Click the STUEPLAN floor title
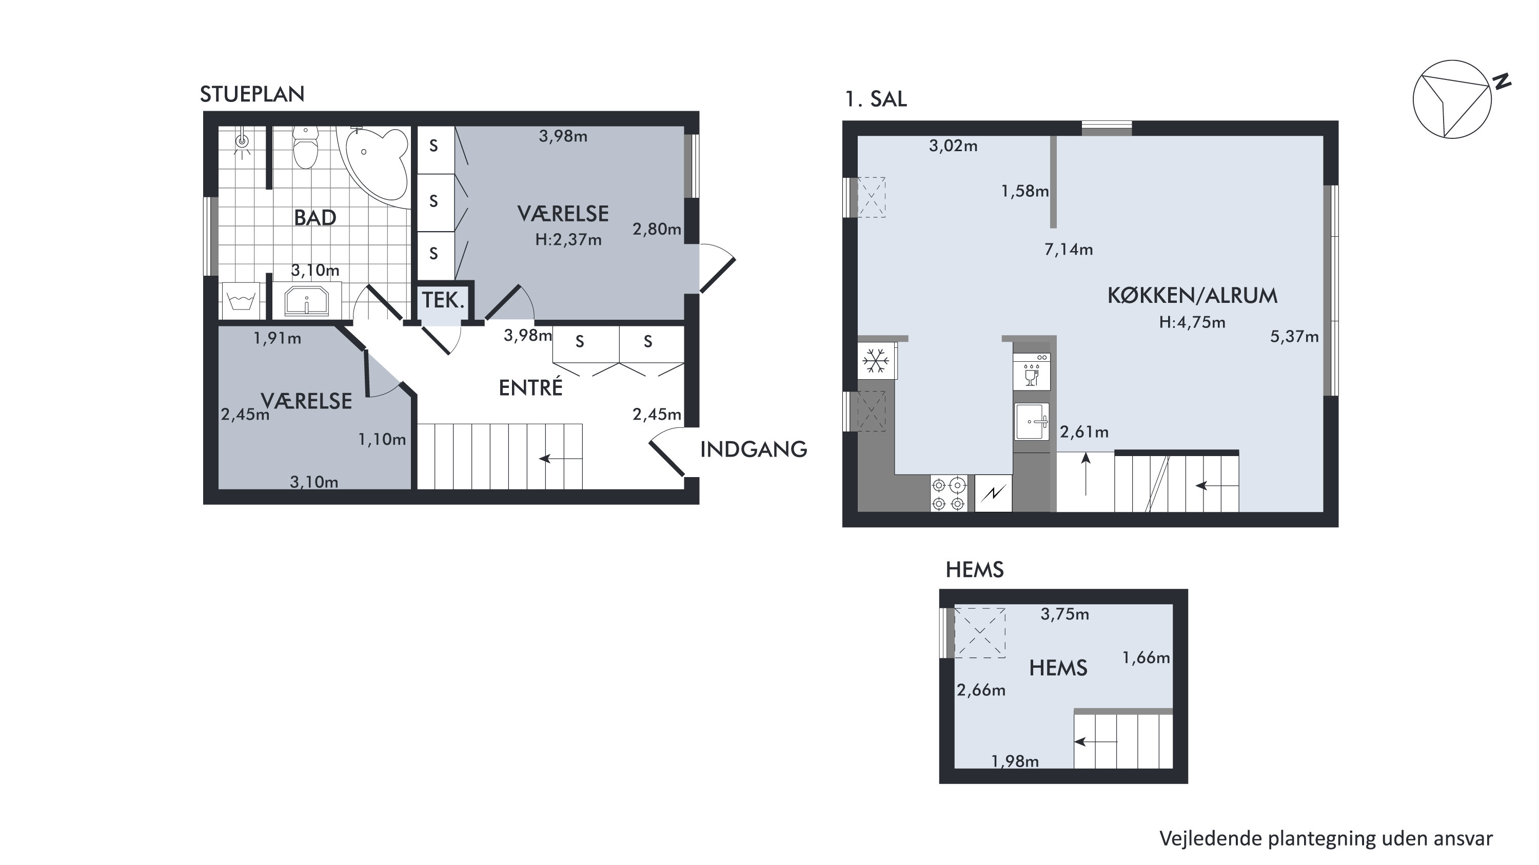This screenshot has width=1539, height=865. (252, 94)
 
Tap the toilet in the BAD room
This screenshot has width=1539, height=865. (306, 147)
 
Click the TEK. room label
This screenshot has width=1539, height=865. (443, 300)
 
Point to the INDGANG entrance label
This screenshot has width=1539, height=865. (754, 449)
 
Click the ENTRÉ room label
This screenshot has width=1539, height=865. (530, 387)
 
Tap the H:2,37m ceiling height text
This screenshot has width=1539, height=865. (568, 240)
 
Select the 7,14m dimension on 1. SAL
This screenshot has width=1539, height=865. (1068, 250)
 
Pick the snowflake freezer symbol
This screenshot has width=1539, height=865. (876, 361)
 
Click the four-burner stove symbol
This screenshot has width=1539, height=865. (948, 493)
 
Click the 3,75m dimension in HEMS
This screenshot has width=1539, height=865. (1064, 614)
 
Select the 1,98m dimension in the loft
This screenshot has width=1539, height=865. (1015, 761)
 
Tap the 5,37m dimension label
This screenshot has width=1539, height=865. (1294, 337)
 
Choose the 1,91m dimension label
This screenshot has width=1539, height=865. (277, 339)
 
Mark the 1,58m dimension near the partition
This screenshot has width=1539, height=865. (1024, 191)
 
